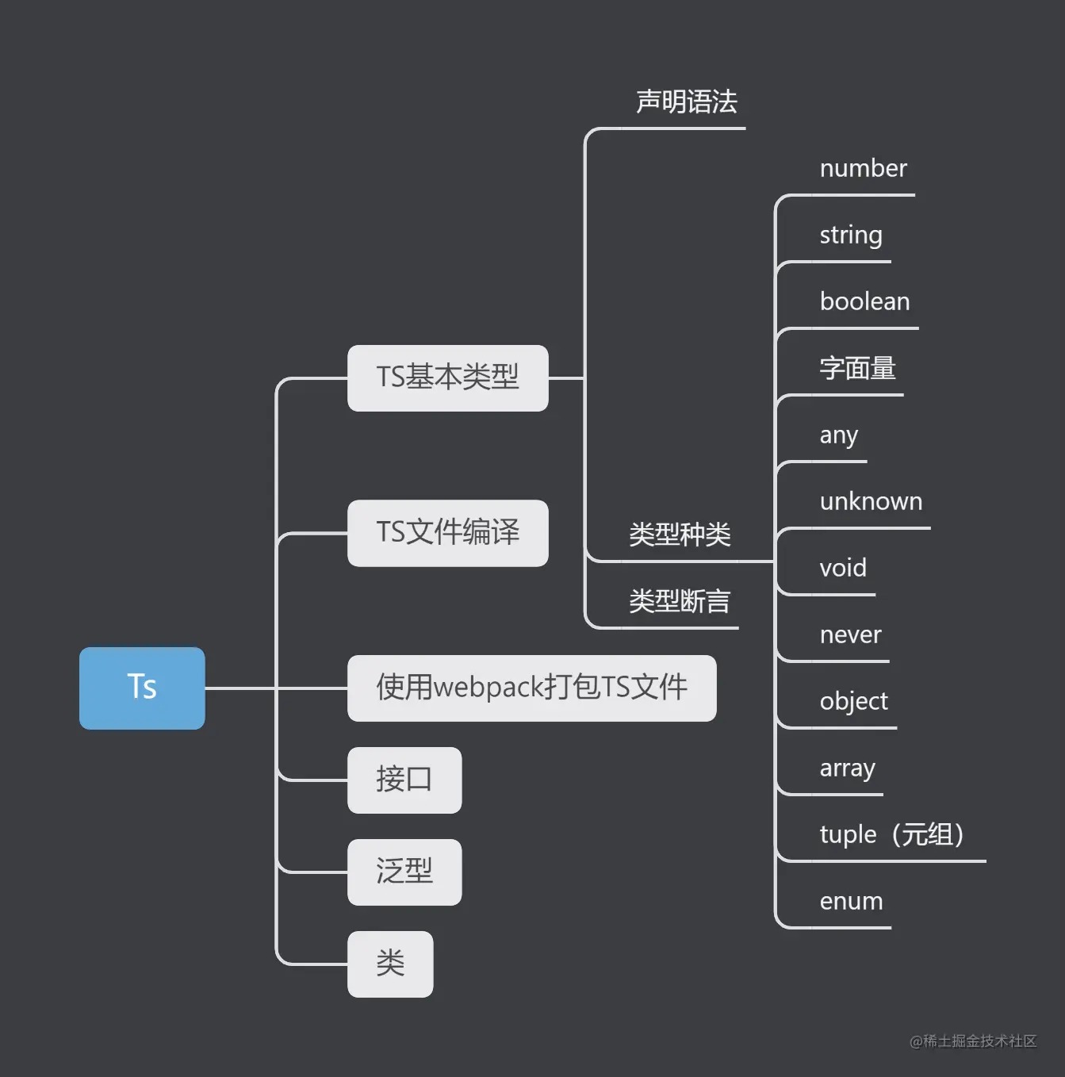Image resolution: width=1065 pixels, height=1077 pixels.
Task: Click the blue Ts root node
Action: coord(142,688)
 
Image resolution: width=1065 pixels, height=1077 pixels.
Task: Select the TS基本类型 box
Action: coord(447,378)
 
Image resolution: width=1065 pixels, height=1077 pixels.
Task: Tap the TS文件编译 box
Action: coord(447,532)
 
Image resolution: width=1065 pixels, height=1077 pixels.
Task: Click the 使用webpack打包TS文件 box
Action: coord(531,688)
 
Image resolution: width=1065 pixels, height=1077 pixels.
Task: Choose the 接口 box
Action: coord(404,780)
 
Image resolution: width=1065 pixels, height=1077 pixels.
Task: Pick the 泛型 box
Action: coord(404,872)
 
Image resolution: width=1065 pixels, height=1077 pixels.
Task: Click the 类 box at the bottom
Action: coord(390,964)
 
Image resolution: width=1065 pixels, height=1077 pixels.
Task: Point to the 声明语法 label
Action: coord(687,102)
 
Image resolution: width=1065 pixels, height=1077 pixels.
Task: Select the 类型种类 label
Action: coord(680,535)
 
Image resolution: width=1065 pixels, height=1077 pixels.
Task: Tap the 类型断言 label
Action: coord(680,601)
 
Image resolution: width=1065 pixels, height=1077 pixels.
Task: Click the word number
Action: coord(863,168)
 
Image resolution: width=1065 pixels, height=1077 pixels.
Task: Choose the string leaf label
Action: coord(850,235)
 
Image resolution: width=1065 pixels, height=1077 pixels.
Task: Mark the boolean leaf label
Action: coord(864,301)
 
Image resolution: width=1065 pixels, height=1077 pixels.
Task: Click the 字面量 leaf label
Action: coord(857,368)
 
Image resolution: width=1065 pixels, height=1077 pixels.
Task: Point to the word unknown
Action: coord(871,501)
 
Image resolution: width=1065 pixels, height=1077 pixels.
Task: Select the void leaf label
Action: coord(843,568)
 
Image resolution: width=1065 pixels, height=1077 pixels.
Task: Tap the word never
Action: coord(850,634)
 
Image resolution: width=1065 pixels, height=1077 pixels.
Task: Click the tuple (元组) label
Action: coord(891,834)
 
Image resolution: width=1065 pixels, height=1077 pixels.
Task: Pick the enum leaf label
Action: coord(851,901)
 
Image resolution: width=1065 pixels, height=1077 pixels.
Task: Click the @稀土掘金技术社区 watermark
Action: coord(973,1041)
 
